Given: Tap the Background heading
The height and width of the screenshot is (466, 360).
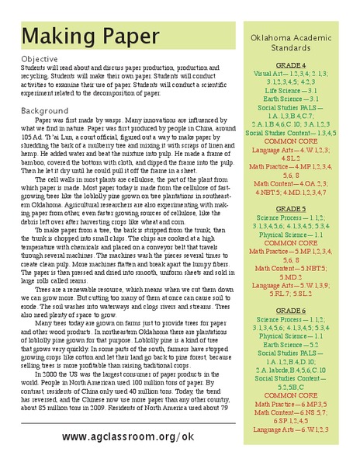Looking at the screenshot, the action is pos(44,111).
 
